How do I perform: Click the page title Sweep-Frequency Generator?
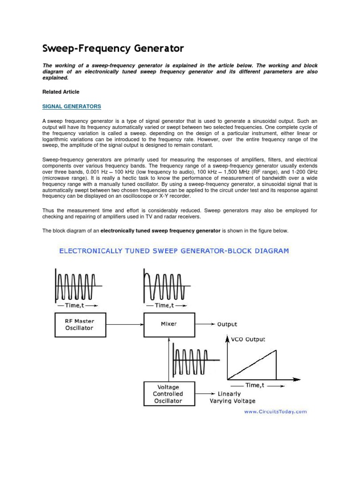[113, 48]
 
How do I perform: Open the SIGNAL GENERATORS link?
[72, 106]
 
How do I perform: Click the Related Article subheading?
[61, 92]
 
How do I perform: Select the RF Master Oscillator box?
[79, 324]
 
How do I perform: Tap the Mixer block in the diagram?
[169, 324]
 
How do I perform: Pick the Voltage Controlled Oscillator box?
[169, 394]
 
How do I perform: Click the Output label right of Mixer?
[227, 324]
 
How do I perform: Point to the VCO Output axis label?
[248, 339]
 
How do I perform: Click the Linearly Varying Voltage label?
[232, 397]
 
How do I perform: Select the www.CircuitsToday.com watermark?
[275, 412]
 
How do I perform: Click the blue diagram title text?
[173, 251]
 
